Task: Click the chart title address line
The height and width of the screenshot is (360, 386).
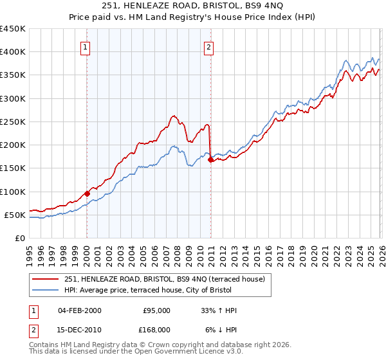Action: click(x=193, y=6)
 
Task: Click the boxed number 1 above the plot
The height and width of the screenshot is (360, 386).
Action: click(x=86, y=46)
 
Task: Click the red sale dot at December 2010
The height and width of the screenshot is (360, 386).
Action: click(x=210, y=160)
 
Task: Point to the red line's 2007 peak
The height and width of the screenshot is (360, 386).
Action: click(x=173, y=116)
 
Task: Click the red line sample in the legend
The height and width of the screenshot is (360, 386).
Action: click(x=46, y=279)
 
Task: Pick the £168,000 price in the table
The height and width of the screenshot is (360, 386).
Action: click(x=156, y=330)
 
